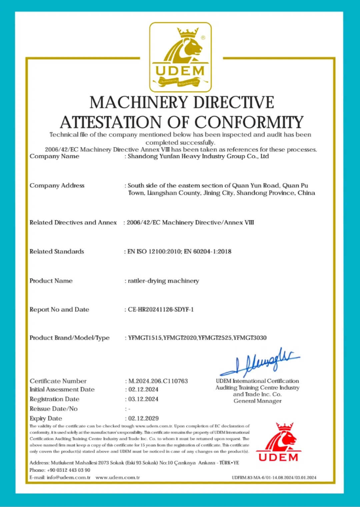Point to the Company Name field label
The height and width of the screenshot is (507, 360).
pyautogui.click(x=54, y=156)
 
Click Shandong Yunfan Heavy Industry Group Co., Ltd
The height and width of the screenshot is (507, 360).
pyautogui.click(x=198, y=156)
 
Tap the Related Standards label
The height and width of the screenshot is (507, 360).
pyautogui.click(x=57, y=252)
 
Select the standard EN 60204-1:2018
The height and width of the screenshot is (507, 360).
pyautogui.click(x=208, y=252)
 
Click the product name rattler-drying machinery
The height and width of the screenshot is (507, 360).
pyautogui.click(x=163, y=281)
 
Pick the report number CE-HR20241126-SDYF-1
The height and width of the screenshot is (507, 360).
pyautogui.click(x=161, y=309)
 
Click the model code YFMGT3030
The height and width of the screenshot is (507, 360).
pyautogui.click(x=250, y=338)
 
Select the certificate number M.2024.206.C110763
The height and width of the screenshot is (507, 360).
pyautogui.click(x=158, y=381)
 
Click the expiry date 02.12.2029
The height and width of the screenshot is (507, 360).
pyautogui.click(x=143, y=418)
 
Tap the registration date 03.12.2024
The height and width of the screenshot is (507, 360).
pyautogui.click(x=143, y=399)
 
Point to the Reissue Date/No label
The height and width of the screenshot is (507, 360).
pyautogui.click(x=53, y=409)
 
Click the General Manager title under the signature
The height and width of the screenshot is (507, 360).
pyautogui.click(x=257, y=401)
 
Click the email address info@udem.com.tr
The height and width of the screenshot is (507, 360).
pyautogui.click(x=68, y=477)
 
